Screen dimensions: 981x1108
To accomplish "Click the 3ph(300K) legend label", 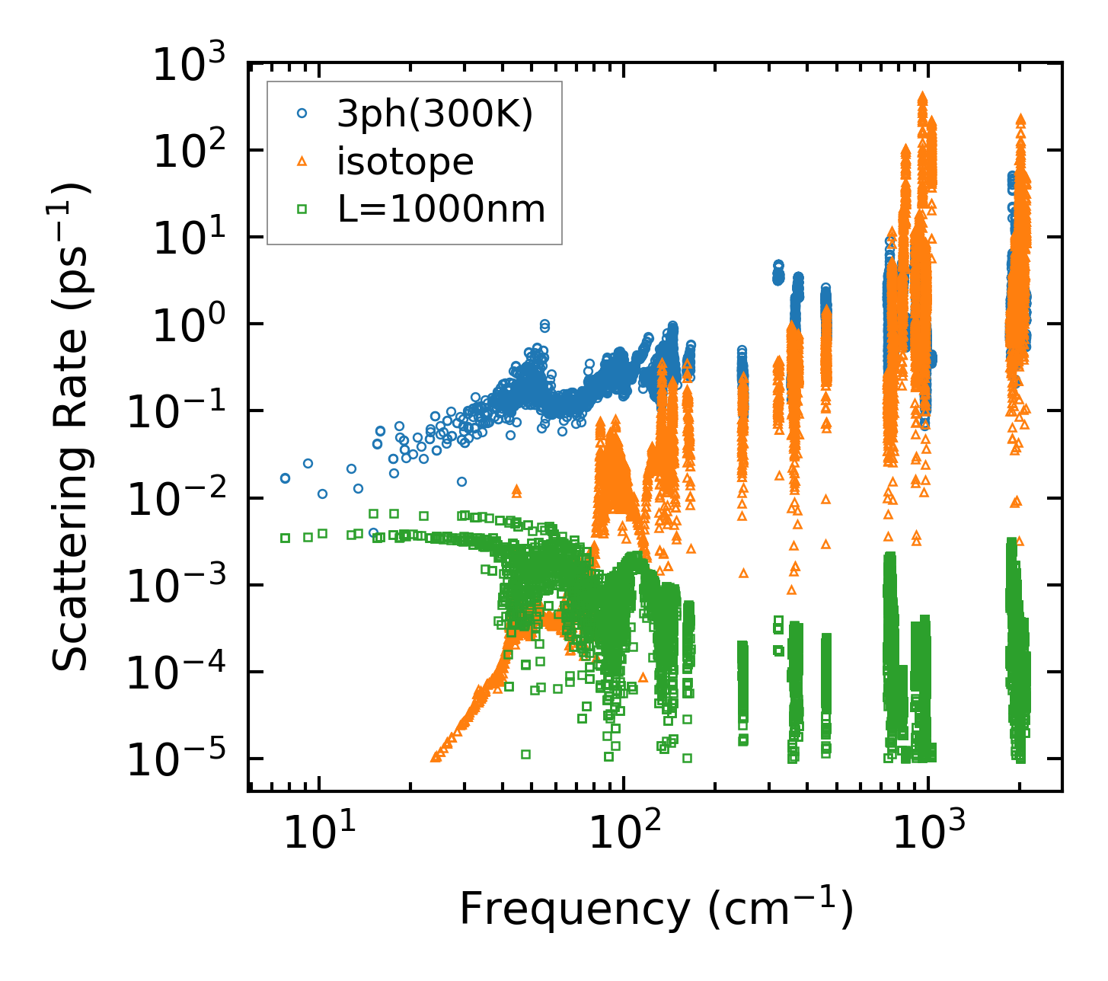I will pos(436,114).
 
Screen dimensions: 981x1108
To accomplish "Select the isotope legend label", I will pos(405,162).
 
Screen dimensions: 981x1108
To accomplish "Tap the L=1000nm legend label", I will pos(442,208).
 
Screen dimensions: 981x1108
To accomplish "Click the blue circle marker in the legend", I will pos(302,113).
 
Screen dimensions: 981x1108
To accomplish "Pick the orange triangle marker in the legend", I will pos(302,161).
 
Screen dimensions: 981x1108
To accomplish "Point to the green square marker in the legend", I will pos(302,208).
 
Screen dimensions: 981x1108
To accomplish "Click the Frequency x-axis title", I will pos(655,908).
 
